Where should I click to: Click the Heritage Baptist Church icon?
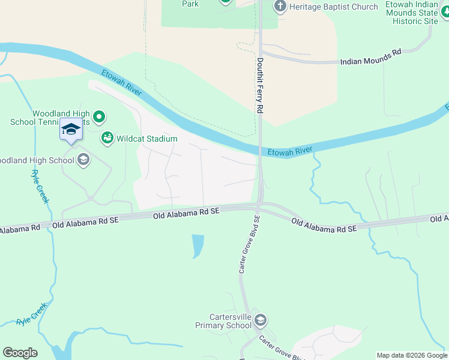[x=280, y=7]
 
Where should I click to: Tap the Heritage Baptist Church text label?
[x=334, y=7]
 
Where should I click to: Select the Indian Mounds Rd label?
[x=370, y=58]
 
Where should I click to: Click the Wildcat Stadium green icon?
[x=107, y=139]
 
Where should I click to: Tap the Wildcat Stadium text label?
[x=147, y=139]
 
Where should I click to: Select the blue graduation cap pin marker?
[x=71, y=130]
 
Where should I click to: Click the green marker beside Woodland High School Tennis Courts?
[x=100, y=116]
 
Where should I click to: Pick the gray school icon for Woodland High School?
[x=83, y=160]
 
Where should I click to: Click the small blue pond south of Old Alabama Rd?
[x=197, y=245]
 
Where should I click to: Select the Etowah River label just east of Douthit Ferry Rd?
[x=291, y=151]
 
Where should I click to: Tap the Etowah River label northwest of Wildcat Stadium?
[x=121, y=82]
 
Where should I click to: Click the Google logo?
[x=20, y=353]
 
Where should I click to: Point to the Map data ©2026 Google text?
[x=411, y=355]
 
